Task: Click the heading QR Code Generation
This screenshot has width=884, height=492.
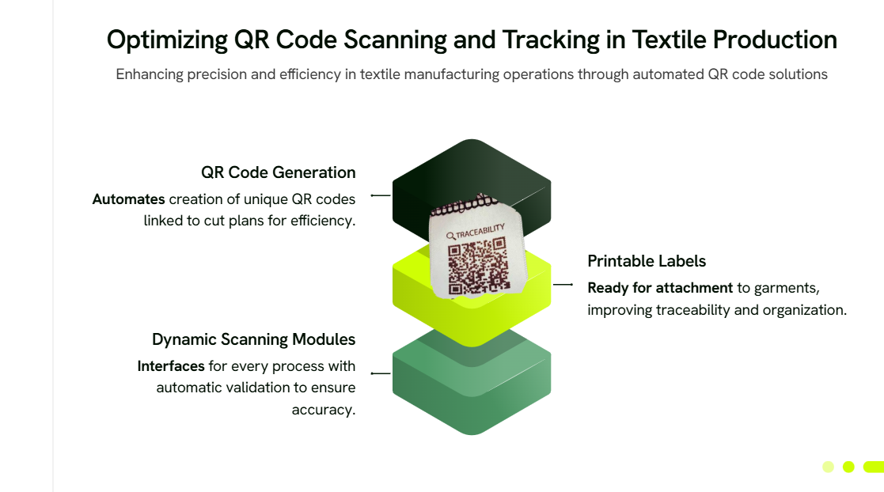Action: click(279, 172)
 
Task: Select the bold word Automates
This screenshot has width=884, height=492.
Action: click(128, 199)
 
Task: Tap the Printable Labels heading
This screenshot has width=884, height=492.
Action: click(647, 261)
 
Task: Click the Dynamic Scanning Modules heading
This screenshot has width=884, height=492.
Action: click(254, 339)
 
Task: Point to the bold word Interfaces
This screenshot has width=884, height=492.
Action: click(171, 366)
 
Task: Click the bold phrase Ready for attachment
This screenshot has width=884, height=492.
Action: click(660, 288)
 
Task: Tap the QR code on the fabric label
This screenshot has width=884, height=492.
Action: click(478, 266)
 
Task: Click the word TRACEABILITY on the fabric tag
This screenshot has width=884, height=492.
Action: click(480, 230)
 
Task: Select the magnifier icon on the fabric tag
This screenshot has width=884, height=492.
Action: click(450, 237)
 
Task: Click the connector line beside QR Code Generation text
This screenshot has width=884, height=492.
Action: click(381, 195)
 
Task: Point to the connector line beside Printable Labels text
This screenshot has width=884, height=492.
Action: click(563, 285)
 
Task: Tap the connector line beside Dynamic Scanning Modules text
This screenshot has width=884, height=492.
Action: click(381, 373)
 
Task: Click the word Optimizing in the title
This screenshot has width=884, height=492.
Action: click(168, 40)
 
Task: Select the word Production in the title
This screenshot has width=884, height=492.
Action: click(775, 40)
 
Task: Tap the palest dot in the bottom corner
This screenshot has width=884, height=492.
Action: click(828, 467)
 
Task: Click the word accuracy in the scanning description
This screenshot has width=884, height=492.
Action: click(322, 411)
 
